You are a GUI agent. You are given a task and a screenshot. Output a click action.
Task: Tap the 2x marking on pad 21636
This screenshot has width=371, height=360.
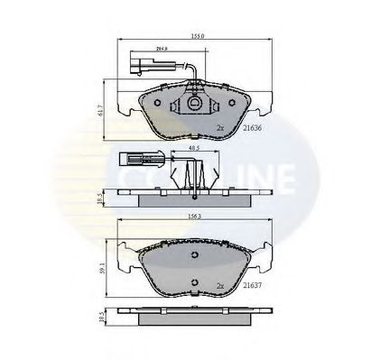pyautogui.click(x=219, y=130)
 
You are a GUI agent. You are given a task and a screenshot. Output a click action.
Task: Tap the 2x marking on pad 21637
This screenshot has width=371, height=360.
pyautogui.click(x=219, y=286)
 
